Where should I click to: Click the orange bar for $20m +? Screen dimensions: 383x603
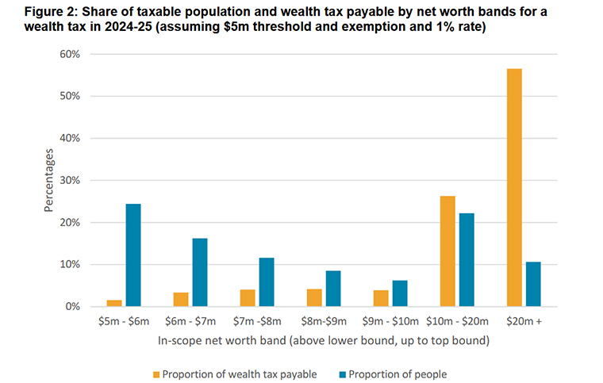coord(514,188)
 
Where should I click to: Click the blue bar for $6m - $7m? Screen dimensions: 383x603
coord(200,272)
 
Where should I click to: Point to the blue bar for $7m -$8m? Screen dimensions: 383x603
coord(267,282)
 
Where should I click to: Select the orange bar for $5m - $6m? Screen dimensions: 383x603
coord(114,303)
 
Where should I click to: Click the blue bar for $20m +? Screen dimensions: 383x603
coord(533,284)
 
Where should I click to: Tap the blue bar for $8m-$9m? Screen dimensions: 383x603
coord(333,289)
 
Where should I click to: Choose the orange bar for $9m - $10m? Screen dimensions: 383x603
coord(381,298)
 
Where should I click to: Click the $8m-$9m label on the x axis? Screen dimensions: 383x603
coord(324,322)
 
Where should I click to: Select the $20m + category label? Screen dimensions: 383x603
coord(524,322)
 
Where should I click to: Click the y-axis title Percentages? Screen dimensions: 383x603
coord(49,180)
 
